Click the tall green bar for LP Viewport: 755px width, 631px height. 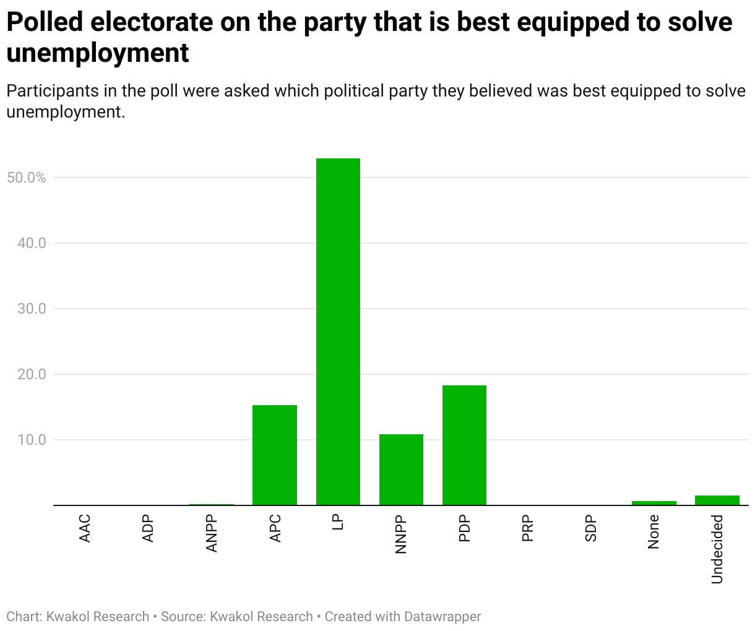point(338,332)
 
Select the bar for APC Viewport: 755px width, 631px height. point(275,455)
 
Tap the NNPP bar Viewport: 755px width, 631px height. point(401,470)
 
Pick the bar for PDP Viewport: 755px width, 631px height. point(464,445)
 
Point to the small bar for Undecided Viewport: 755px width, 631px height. point(717,500)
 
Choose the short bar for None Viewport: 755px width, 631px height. point(654,503)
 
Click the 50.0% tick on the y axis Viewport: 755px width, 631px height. point(26,178)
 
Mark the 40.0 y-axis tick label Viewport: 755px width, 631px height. point(32,243)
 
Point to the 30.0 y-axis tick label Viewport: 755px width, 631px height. point(32,309)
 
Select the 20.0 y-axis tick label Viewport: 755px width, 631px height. point(32,374)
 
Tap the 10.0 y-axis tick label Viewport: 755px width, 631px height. point(32,440)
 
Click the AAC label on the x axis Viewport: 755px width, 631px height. point(85,528)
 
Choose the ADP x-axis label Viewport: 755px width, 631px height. point(149,528)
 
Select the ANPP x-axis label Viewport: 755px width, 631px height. point(212,533)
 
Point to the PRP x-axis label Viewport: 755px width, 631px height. point(528,528)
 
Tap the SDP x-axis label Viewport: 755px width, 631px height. point(591,528)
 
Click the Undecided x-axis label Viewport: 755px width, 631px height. point(717,549)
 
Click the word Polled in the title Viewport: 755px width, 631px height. point(45,22)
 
